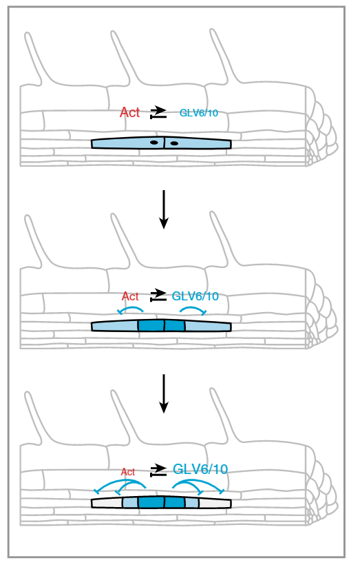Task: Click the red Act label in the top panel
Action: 129,112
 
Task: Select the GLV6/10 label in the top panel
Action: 199,113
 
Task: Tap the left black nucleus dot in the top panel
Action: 154,143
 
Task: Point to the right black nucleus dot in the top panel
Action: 174,143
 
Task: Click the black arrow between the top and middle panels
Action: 164,209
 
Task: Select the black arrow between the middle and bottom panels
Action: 164,393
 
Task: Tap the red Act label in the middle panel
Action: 130,296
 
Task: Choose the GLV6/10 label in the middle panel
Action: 195,296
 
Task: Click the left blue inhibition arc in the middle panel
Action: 131,308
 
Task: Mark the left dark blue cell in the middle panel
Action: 151,325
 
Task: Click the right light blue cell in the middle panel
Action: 208,326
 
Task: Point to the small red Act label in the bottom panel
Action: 128,472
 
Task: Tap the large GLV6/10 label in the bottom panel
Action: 200,469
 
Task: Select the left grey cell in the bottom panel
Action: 107,503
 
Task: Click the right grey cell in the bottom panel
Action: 215,503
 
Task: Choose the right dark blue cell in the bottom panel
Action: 175,502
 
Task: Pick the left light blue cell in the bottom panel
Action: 131,502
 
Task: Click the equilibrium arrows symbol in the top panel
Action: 158,112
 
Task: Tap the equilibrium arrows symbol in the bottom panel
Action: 158,469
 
